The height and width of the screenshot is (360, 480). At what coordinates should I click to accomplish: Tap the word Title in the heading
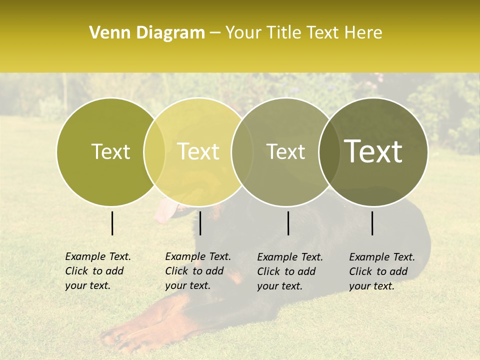[x=284, y=33]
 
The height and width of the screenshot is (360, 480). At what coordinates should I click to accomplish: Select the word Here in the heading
[x=363, y=33]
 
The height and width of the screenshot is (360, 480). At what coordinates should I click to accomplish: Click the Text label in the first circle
[x=110, y=152]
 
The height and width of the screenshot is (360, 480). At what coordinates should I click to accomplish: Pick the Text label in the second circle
[x=198, y=152]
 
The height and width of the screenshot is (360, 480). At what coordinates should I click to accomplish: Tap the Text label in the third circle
[x=285, y=152]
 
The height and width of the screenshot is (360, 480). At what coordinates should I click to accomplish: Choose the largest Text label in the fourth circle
[x=373, y=151]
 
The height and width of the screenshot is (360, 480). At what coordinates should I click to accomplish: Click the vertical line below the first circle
[x=112, y=223]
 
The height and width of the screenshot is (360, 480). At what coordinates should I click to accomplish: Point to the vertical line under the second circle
[x=200, y=223]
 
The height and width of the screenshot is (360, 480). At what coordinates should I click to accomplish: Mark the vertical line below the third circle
[x=288, y=223]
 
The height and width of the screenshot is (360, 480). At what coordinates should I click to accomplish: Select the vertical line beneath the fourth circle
[x=372, y=223]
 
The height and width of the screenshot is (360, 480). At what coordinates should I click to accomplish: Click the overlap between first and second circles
[x=154, y=152]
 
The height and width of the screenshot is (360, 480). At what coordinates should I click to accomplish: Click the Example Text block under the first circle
[x=98, y=271]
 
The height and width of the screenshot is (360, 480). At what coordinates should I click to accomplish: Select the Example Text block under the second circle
[x=198, y=271]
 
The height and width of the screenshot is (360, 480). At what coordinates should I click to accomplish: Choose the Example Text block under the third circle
[x=290, y=271]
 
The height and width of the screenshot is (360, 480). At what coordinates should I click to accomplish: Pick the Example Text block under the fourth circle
[x=382, y=271]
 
